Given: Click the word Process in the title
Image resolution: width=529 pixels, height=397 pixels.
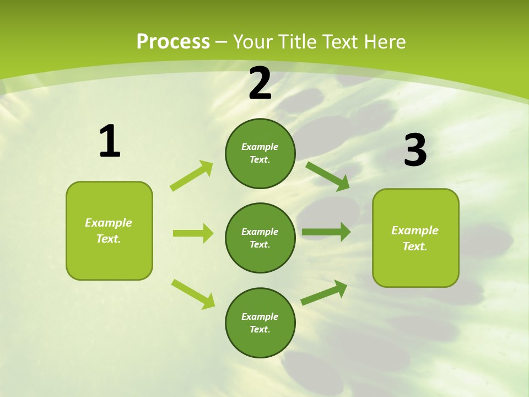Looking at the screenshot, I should click(173, 42).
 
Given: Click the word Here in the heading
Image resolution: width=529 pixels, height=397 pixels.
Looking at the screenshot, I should click(382, 42).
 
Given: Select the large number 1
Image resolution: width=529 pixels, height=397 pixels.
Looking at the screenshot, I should click(110, 141).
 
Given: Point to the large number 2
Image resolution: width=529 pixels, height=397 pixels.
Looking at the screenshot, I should click(260, 83).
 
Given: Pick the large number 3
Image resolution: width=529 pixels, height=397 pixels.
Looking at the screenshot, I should click(415, 150).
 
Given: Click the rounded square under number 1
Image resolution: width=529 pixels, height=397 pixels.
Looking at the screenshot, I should click(109, 230).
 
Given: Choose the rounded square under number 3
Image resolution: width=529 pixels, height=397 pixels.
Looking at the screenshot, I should click(415, 238).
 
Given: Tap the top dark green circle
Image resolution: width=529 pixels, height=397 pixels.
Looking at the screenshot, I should click(260, 153).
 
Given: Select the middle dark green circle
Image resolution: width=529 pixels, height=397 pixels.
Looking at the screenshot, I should click(260, 238).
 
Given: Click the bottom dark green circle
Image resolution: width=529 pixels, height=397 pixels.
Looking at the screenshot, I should click(260, 323).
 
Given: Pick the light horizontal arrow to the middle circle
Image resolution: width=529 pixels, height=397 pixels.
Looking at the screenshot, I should click(193, 233).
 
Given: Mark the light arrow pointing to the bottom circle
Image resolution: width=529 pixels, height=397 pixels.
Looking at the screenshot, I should click(193, 294).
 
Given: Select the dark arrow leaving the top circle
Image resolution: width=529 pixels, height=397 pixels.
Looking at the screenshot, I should click(328, 176).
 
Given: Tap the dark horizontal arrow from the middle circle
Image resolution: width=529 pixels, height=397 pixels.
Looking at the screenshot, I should click(326, 232).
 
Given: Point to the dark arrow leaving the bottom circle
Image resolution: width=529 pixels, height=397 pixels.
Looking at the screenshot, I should click(325, 292).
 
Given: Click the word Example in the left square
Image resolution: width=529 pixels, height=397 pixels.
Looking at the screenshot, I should click(109, 223).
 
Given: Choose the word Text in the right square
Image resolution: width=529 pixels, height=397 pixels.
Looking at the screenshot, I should click(414, 246).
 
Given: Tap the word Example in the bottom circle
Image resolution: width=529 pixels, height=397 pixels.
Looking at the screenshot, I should click(260, 316).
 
